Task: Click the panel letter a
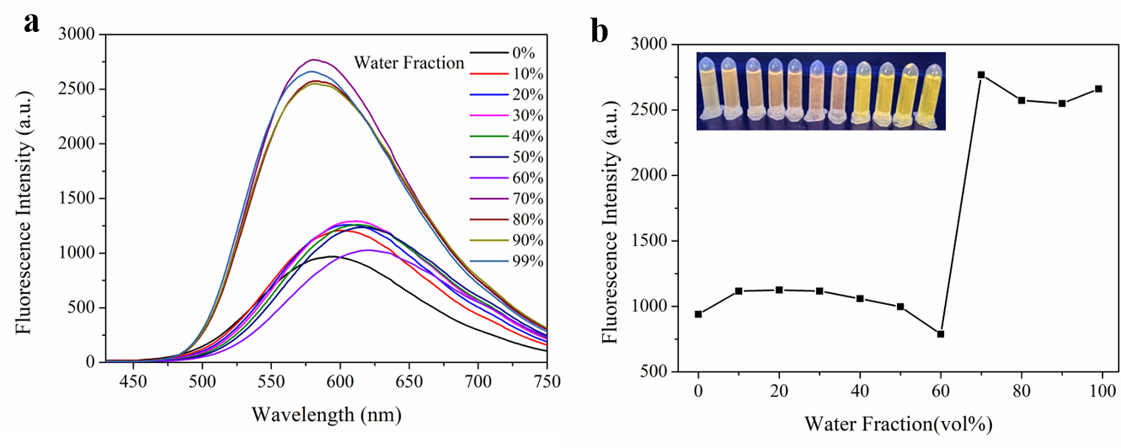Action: [32, 23]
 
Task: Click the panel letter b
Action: [599, 32]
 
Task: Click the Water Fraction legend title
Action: [409, 63]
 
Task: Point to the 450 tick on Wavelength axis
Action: [134, 381]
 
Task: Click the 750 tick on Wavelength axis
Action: [547, 381]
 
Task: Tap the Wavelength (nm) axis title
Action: [326, 415]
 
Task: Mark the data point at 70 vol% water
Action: [981, 75]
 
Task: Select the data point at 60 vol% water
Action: [940, 334]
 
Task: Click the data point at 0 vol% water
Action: [698, 314]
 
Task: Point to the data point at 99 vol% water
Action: [1099, 89]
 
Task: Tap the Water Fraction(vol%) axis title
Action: [898, 424]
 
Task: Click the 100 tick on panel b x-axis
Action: [1102, 391]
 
